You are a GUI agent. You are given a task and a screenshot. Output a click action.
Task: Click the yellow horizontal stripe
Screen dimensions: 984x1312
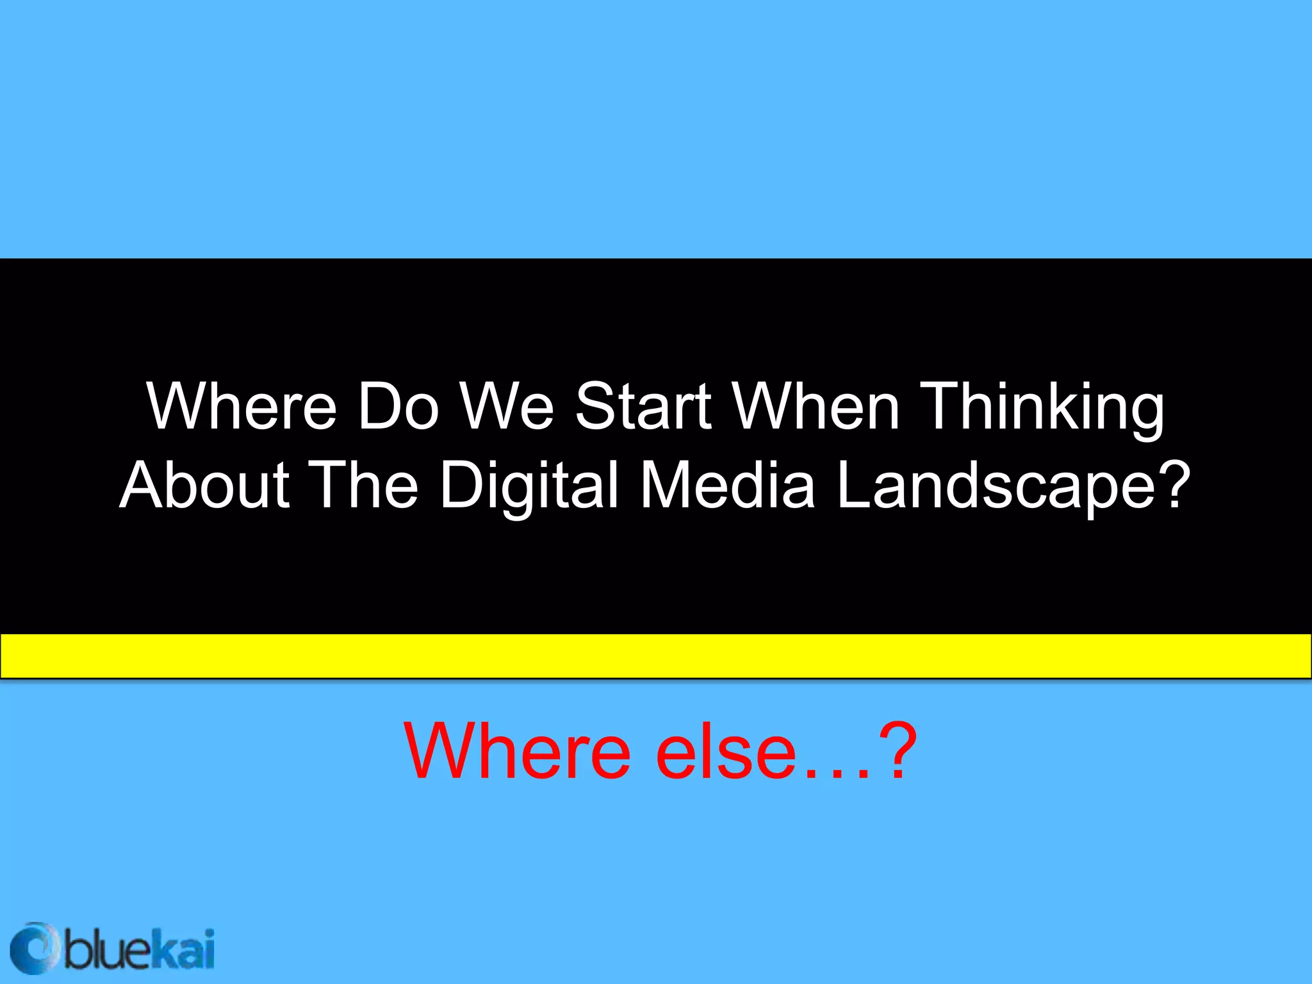tap(656, 655)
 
